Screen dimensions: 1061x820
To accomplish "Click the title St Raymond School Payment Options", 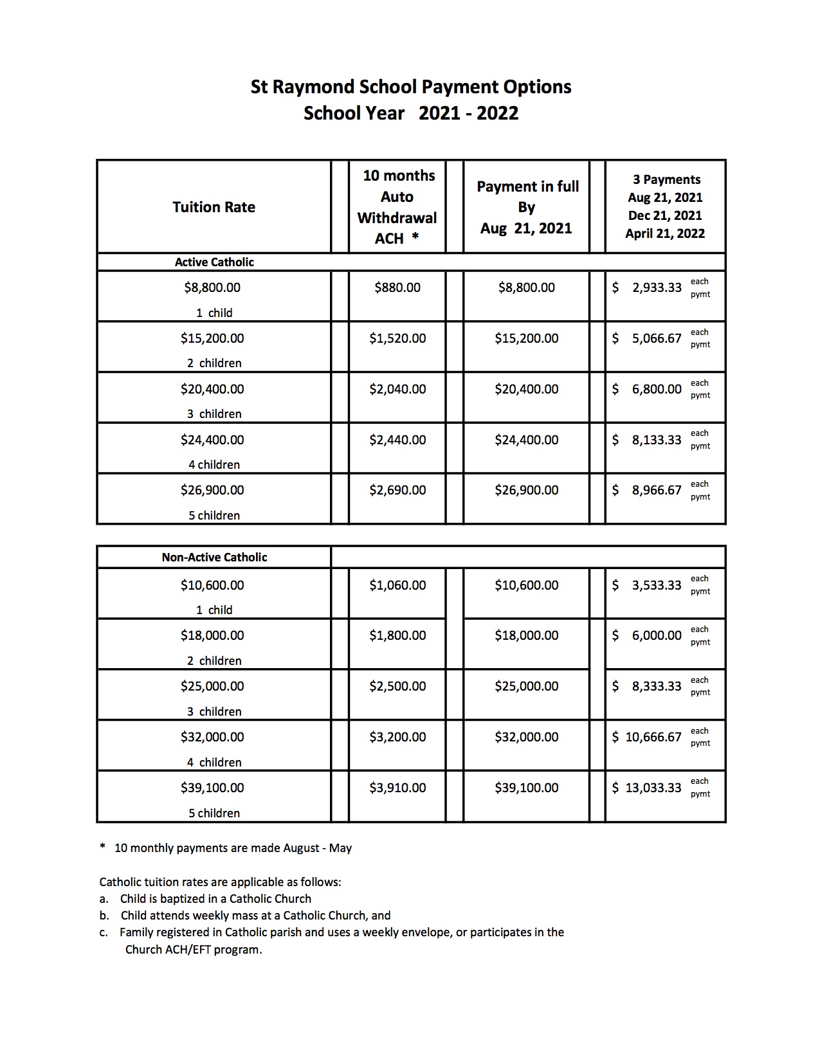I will (x=410, y=87).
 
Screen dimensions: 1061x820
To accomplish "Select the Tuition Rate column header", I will (x=214, y=207).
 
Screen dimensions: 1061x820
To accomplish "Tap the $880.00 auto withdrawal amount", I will (x=397, y=287).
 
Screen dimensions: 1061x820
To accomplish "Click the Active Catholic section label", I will (x=214, y=262).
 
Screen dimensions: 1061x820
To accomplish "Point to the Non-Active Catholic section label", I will (x=214, y=558).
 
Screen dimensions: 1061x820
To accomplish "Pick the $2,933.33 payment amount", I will (x=656, y=287).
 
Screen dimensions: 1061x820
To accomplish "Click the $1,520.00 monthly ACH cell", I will (x=397, y=338).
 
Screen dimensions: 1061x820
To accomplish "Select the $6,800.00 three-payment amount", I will (x=656, y=389).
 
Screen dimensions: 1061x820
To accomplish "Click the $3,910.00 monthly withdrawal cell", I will (x=397, y=788).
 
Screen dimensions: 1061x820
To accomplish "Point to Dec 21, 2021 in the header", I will (x=665, y=215).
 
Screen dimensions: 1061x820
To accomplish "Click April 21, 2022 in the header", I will (x=665, y=233).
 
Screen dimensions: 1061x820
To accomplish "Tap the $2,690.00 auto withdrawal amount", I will (x=397, y=490).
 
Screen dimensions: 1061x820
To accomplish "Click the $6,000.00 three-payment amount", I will (x=656, y=635).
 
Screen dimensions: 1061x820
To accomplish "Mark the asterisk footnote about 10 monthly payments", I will (x=226, y=848).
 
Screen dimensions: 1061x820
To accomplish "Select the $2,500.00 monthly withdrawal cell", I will (x=397, y=686).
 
